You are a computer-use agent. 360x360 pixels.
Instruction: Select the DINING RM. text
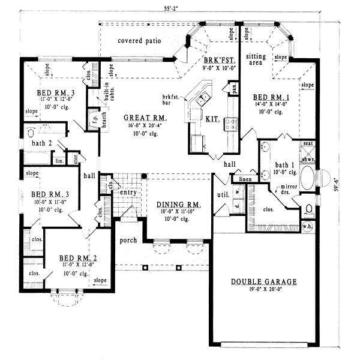coord(179,205)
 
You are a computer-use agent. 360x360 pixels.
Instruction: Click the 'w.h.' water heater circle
coord(308,226)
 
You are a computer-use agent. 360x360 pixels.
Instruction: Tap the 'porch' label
coord(128,240)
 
